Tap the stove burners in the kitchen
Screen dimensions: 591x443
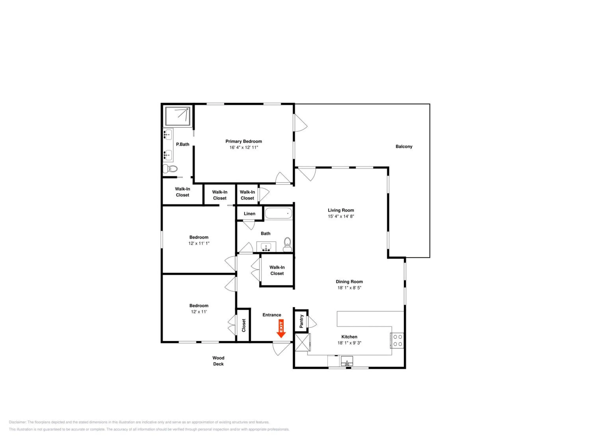pos(397,340)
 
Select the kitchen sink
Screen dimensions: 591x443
pos(347,361)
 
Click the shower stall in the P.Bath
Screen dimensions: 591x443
pos(177,116)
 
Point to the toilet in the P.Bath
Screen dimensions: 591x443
pos(170,169)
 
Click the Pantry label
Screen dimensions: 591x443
pos(301,321)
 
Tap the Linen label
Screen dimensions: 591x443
pos(250,214)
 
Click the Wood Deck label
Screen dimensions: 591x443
pos(218,361)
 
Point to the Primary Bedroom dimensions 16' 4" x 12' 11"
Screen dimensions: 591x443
pos(244,147)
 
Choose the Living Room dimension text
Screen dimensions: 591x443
pos(341,216)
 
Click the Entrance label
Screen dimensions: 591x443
pos(272,315)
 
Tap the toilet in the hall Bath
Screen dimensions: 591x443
pos(287,245)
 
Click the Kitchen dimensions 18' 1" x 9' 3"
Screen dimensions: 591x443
pos(349,343)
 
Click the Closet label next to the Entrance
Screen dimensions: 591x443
pos(244,325)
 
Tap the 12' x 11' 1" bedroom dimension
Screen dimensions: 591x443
pos(199,243)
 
